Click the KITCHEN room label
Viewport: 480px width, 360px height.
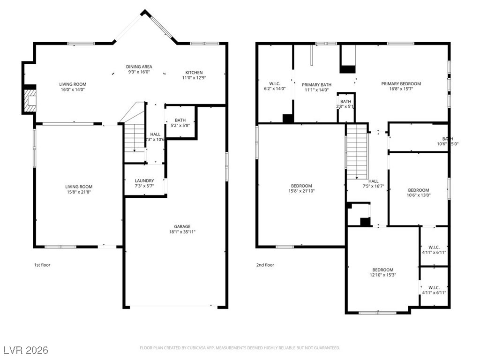[194, 73]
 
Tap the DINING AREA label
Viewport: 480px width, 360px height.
[139, 67]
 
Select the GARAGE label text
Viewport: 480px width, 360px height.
[182, 226]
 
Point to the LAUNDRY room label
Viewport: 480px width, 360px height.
[144, 180]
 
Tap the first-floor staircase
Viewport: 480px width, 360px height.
[134, 136]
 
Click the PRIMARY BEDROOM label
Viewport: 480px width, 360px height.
[401, 84]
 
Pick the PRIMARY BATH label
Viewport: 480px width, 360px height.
[316, 85]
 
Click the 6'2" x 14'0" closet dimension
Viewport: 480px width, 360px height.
[275, 89]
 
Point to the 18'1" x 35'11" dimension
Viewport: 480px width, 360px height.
[182, 232]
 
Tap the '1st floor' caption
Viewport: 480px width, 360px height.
[42, 265]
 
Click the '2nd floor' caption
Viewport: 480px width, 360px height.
[265, 265]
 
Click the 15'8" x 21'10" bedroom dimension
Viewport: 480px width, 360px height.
[301, 191]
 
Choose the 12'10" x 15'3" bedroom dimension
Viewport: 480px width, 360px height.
[383, 275]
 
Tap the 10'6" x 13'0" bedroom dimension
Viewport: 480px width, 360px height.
[418, 195]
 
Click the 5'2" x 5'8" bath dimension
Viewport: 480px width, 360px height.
[180, 126]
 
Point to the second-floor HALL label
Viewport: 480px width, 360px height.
[374, 181]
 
